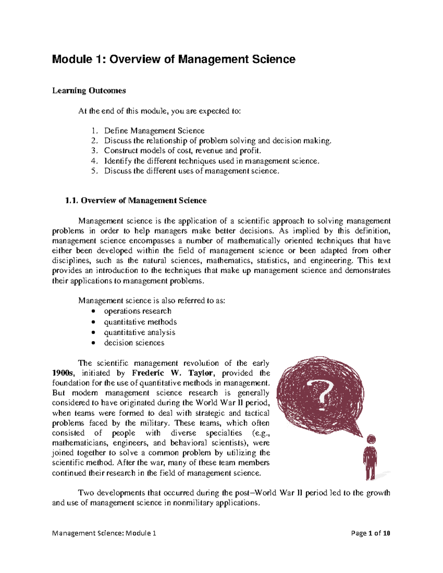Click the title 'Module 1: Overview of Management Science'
pos(174,59)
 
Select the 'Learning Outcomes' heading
pos(89,91)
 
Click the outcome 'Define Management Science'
pos(154,131)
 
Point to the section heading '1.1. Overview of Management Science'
pos(136,201)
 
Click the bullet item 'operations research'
pos(137,311)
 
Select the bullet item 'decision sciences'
pos(134,343)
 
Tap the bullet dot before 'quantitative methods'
pos(95,322)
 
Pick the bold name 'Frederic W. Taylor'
pos(172,373)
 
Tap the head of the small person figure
pos(371,439)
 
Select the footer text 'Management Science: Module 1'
pos(104,533)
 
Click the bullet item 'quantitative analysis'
pos(140,332)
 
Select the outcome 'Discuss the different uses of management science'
pos(191,171)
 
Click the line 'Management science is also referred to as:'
pos(151,301)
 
